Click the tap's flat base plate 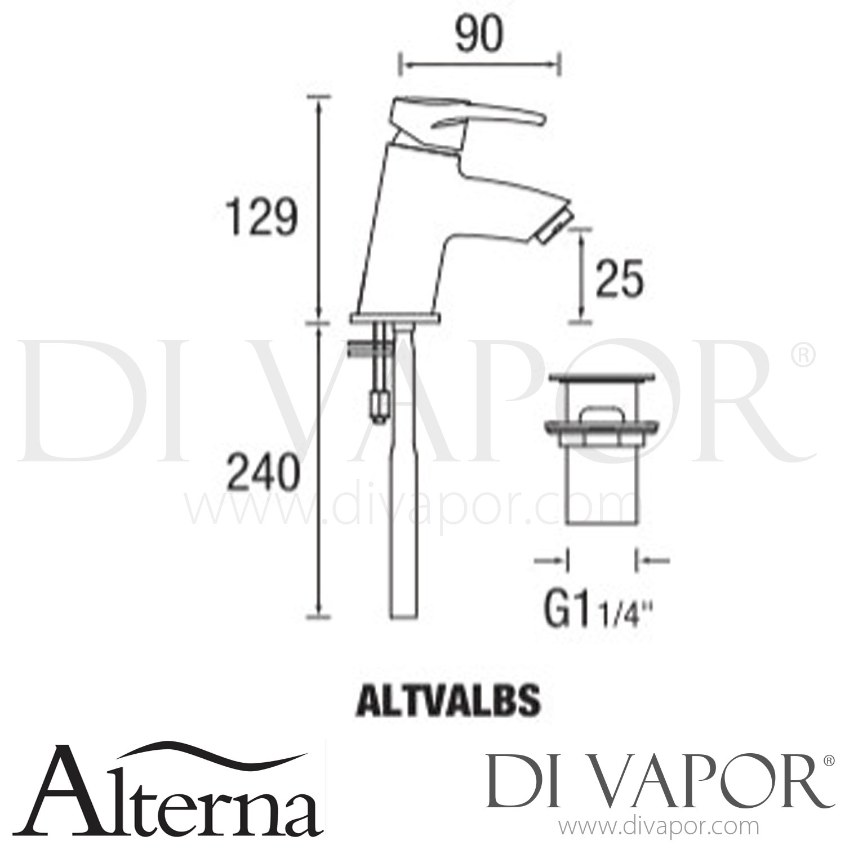pyautogui.click(x=395, y=319)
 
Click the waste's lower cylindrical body pyautogui.click(x=601, y=496)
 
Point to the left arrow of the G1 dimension pyautogui.click(x=550, y=560)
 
